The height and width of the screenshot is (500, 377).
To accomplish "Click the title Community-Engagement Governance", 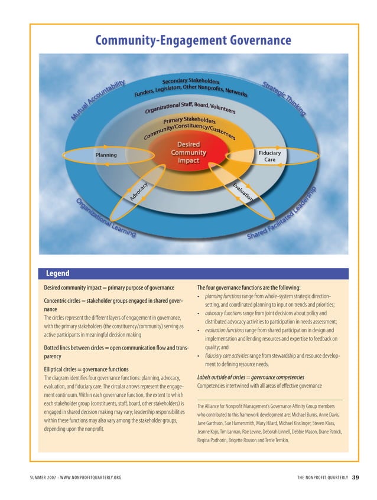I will click(x=193, y=40).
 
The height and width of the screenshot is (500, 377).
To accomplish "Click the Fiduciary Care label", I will click(x=269, y=156).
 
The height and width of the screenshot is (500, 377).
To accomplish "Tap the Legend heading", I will click(x=58, y=273).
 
